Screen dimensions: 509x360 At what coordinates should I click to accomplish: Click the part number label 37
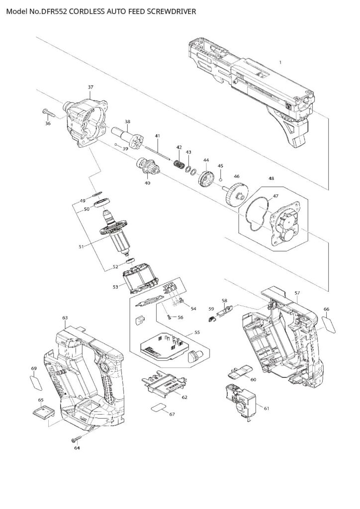point(90,87)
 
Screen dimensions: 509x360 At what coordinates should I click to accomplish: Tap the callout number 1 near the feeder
point(280,62)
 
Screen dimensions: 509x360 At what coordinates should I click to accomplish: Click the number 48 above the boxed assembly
point(271,177)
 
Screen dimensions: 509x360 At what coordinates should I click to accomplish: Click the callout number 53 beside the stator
point(115,287)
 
